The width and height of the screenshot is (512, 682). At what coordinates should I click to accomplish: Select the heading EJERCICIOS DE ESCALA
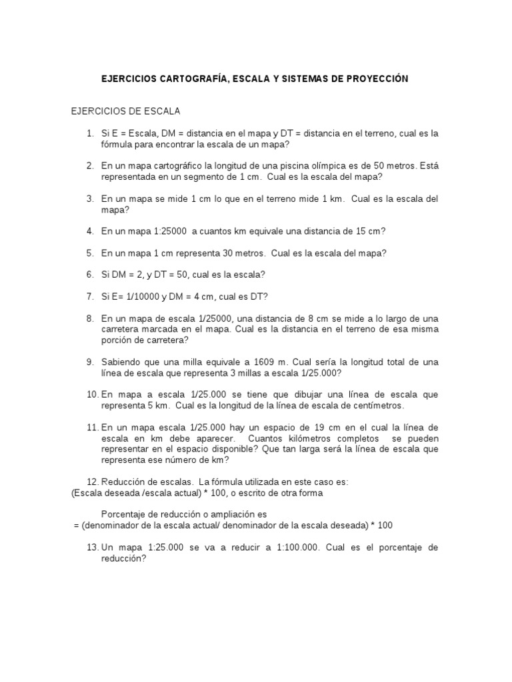coord(126,111)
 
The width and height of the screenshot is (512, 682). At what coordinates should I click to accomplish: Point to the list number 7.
coord(90,296)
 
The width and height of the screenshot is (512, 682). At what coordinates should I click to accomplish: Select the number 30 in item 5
coord(205,253)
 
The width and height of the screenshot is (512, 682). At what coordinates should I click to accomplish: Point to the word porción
coord(118,340)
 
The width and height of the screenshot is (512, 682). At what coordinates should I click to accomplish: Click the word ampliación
coord(227,514)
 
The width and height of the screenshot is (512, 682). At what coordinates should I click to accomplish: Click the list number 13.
coord(92,547)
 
